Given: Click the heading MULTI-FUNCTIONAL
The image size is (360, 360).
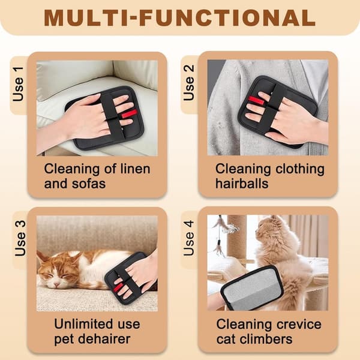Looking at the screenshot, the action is point(179,17).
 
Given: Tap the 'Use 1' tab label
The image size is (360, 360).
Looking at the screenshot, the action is point(18,84).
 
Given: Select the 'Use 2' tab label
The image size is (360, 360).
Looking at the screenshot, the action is point(189,83).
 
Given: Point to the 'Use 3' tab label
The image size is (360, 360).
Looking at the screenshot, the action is point(20,238).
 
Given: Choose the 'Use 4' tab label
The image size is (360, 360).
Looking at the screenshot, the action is point(189,238).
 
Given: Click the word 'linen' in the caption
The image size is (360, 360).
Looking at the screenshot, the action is point(136,169).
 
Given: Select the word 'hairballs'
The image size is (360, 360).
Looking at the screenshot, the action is point(242,184).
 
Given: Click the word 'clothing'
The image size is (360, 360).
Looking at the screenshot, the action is point(300,170).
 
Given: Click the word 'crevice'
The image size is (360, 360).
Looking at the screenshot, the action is point(299,324).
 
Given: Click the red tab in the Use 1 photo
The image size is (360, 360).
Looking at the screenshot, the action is point(129,113).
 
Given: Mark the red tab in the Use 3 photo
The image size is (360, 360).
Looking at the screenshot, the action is point(118,287).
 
